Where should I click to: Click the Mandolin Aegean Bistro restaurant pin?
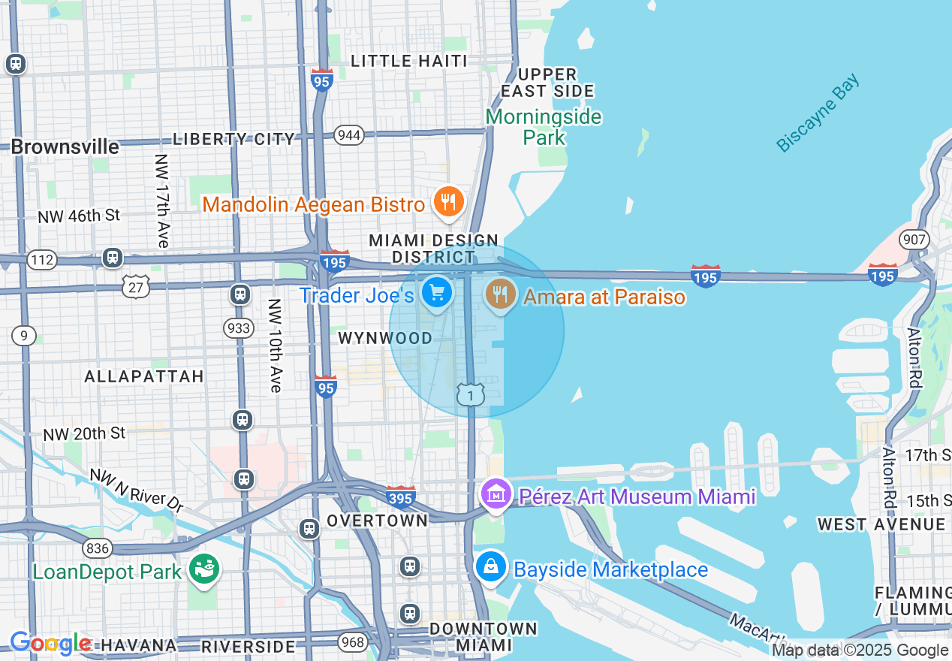click(448, 203)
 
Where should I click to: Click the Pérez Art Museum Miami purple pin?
click(496, 496)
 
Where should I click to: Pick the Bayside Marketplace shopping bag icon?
click(491, 567)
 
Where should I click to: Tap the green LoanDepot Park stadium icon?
click(203, 569)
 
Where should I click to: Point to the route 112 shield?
click(41, 260)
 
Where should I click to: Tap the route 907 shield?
click(917, 240)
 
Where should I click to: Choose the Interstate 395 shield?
click(401, 496)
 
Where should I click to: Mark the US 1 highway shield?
click(471, 394)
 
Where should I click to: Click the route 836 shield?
click(98, 548)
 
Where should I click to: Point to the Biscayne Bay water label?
click(818, 113)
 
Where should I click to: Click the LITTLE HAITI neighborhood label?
click(409, 61)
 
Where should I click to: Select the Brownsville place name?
click(65, 146)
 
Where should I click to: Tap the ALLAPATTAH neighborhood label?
click(144, 376)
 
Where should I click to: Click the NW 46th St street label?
click(79, 216)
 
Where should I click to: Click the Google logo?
click(50, 643)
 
